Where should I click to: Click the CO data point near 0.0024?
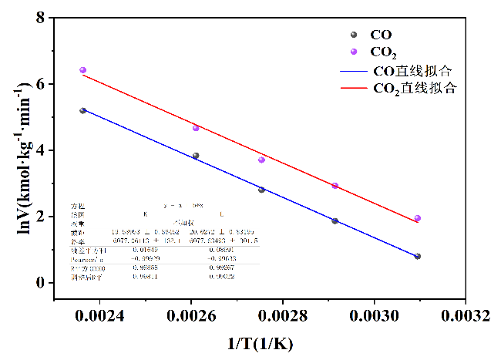click(82, 111)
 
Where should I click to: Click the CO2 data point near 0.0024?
click(82, 70)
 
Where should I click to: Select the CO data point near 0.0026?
click(196, 156)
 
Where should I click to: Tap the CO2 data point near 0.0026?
click(196, 127)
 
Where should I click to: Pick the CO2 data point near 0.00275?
click(261, 160)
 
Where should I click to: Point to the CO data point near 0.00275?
click(261, 190)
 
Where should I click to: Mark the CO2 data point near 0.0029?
click(335, 186)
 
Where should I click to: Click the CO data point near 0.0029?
click(335, 221)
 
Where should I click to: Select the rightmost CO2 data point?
click(417, 218)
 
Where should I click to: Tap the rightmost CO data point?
click(417, 256)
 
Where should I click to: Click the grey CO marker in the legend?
click(354, 35)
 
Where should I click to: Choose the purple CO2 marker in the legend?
click(354, 52)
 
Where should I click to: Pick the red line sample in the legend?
click(354, 88)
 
